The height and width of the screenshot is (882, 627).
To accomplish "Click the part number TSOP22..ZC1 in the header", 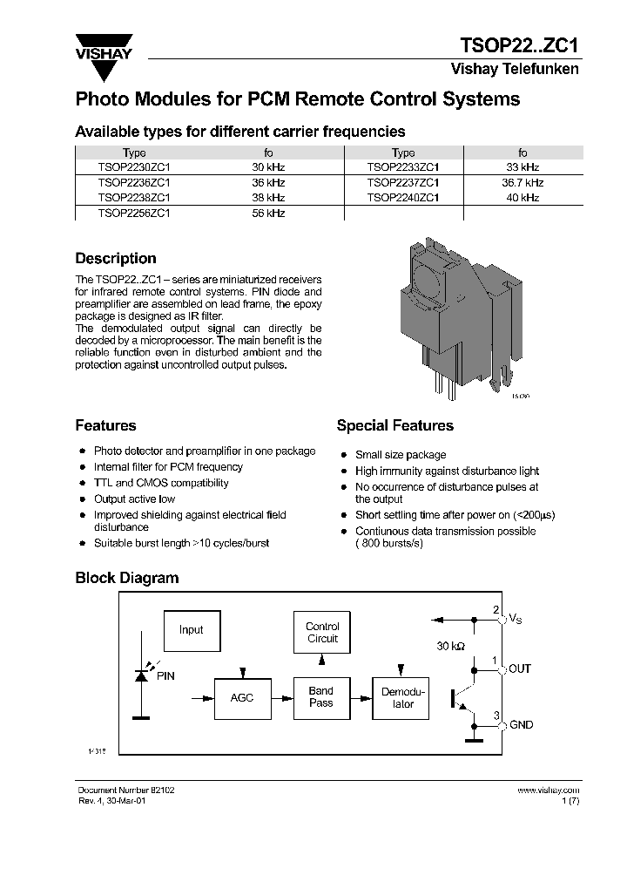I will (x=519, y=46).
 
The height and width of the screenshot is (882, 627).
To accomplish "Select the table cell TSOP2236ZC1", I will (x=134, y=183).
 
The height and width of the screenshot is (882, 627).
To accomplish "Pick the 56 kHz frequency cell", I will (x=268, y=213).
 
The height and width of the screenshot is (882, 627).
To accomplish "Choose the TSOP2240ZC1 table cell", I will (x=402, y=198).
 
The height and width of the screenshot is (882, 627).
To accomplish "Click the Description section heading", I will (x=116, y=259).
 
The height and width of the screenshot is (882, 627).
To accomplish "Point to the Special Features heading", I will (x=394, y=426).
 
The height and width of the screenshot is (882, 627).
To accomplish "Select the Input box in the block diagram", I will (x=191, y=630).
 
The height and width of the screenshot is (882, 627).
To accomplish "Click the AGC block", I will (x=241, y=698).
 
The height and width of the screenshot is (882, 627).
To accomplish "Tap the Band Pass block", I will (x=321, y=697).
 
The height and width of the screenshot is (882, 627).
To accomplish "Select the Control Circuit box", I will (x=322, y=633).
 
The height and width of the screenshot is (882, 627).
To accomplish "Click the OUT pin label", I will (x=520, y=668).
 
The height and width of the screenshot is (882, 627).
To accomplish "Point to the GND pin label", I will (x=521, y=725).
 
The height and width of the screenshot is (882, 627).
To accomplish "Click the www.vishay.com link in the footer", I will (x=548, y=790).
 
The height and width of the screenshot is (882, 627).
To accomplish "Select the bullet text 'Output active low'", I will (x=134, y=499).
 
